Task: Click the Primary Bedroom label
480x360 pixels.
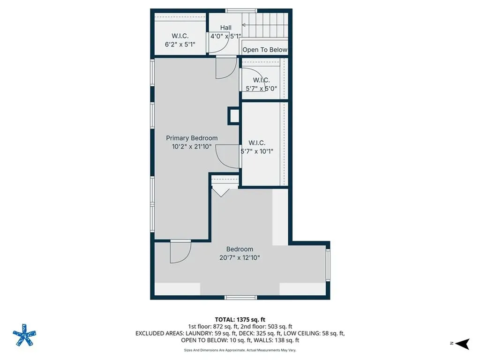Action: [192, 138]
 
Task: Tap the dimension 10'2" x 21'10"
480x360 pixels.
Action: [192, 146]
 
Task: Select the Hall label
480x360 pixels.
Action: [225, 28]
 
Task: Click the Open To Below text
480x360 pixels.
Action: [264, 50]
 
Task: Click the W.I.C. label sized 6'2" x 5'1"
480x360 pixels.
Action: [180, 36]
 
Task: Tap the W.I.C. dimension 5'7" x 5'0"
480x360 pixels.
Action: [261, 88]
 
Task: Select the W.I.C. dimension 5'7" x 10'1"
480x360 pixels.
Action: [256, 151]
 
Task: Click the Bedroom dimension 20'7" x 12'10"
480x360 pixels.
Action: [240, 257]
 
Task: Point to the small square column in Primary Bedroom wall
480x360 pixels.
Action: [233, 116]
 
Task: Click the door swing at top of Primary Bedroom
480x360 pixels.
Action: [225, 68]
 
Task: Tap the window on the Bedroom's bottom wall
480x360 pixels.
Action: [240, 297]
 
